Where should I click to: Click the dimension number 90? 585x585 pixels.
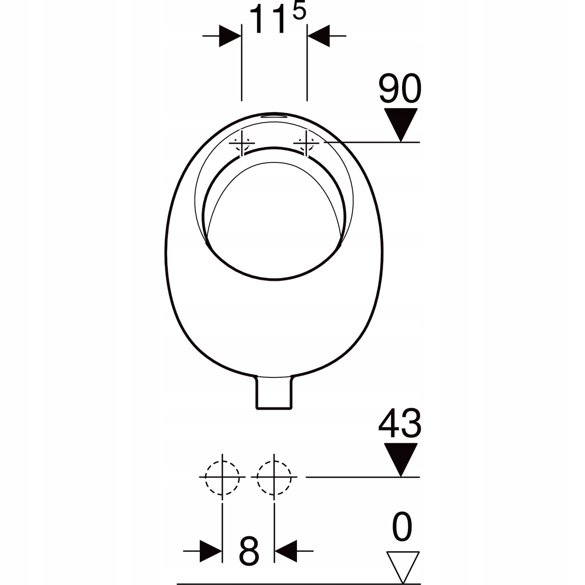400,88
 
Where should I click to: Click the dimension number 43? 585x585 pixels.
400,423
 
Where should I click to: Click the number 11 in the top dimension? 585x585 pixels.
267,19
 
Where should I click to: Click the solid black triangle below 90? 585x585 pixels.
401,125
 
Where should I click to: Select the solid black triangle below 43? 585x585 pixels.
401,460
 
